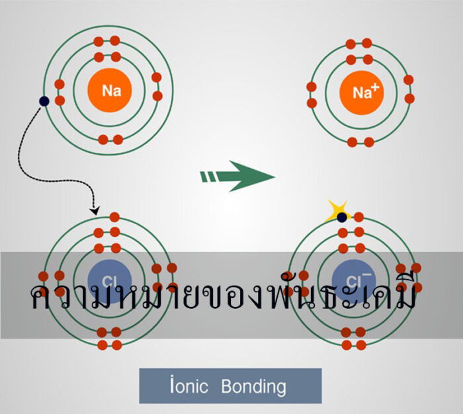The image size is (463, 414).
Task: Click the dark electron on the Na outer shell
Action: (x=44, y=101)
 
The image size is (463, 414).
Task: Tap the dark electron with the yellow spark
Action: (x=342, y=217)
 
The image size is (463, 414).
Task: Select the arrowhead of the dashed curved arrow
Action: (x=95, y=211)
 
